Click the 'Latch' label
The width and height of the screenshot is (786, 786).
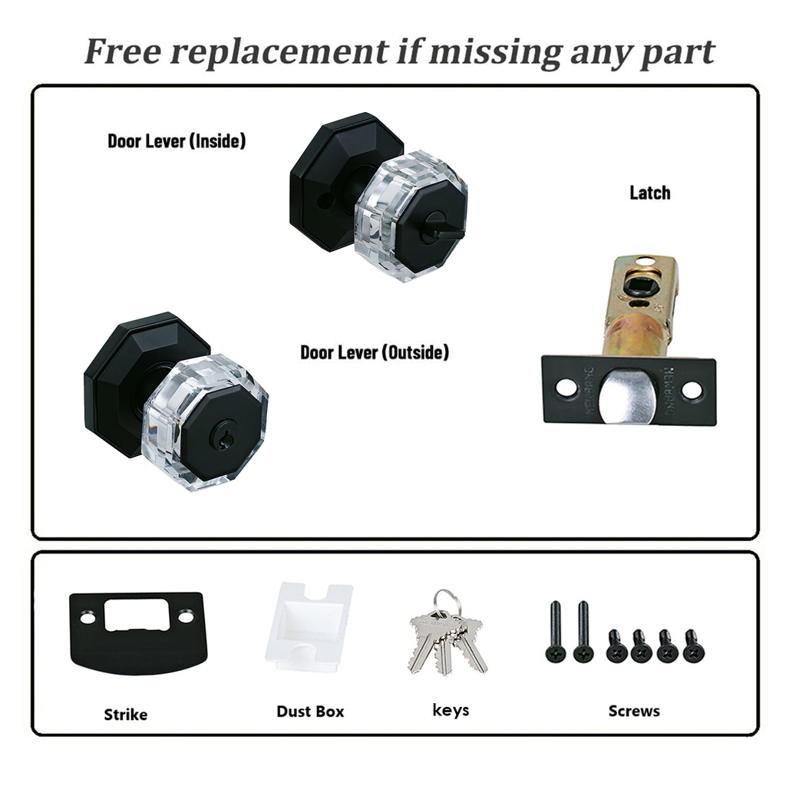coord(649,193)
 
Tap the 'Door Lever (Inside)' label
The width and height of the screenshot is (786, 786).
coord(177,141)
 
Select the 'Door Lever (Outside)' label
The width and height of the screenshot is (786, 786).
coord(375,352)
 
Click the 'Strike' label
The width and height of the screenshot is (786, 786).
coord(125,715)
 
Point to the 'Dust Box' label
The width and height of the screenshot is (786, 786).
coord(310,712)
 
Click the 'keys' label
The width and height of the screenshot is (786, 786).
coord(451,710)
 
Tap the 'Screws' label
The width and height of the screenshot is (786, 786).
coord(634,711)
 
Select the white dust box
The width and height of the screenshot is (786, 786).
coord(309,626)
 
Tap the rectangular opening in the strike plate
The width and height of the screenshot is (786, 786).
coord(136,615)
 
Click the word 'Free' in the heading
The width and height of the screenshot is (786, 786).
coord(123,51)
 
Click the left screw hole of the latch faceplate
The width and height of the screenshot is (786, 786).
coord(566,388)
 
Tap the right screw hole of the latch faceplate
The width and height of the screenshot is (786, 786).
coord(692,389)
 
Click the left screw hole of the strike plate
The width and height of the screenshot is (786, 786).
coord(88,616)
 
